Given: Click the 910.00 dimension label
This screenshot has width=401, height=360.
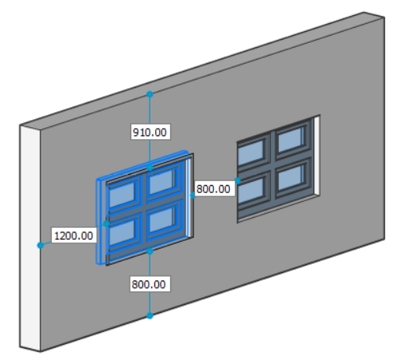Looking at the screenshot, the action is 150,132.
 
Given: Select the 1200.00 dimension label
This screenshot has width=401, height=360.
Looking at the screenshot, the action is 73,235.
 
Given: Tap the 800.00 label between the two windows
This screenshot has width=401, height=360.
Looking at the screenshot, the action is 213,189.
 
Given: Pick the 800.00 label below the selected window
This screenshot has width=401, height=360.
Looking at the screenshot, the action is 150,285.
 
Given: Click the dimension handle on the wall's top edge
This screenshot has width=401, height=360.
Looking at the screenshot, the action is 150,94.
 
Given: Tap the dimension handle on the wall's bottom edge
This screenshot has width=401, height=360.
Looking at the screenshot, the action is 150,315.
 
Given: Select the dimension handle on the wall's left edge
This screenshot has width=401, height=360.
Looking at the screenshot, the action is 41,246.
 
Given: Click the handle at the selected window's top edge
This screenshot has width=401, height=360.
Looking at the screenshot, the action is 150,168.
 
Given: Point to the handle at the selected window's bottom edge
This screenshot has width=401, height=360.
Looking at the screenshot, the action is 150,251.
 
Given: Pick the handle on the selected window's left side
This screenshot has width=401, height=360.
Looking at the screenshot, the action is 107,223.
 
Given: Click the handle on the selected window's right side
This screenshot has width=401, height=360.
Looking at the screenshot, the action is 193,195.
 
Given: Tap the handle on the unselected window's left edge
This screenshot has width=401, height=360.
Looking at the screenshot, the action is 238,180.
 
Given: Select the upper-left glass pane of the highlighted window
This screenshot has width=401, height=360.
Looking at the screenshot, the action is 123,194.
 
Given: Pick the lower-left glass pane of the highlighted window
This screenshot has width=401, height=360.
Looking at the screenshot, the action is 123,232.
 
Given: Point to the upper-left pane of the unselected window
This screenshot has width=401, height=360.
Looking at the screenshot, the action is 251,153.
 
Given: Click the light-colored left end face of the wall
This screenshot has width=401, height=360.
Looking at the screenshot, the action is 30,238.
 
